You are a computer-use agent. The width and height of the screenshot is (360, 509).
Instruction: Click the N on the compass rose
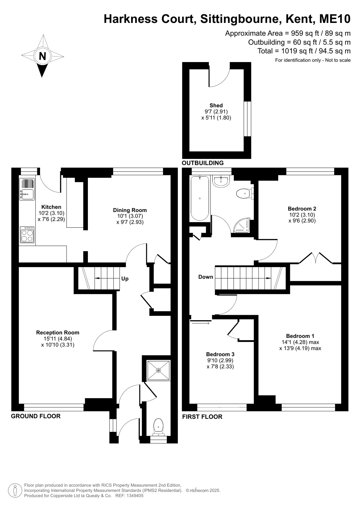pos(43,56)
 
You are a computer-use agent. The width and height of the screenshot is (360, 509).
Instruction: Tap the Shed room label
pos(216,105)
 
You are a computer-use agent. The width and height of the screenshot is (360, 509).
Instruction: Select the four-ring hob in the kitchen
pos(27,235)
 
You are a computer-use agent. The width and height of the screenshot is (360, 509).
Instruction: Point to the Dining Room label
pos(130,210)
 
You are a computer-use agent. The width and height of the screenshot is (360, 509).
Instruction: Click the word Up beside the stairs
pos(125,279)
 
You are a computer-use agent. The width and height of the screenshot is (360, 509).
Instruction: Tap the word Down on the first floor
pos(206,277)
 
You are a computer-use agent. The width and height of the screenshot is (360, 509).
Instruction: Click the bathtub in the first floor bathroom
pos(200,198)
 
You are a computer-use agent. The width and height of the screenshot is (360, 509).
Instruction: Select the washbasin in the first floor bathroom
pos(221,181)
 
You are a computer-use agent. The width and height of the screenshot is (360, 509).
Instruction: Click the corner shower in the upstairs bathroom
pos(241,225)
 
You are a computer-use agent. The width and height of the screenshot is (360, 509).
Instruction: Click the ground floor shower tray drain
pos(158,370)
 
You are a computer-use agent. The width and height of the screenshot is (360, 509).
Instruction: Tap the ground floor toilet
pos(158,427)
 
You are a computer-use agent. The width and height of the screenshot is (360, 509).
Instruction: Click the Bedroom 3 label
pos(220,354)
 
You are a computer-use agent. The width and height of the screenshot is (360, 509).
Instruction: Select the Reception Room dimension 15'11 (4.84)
pos(58,339)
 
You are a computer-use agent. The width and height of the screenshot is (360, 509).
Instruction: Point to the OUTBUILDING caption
pos(202,163)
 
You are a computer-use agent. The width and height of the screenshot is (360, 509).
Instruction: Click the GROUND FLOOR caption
pos(36,416)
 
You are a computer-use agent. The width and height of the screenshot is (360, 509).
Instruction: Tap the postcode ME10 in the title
pos(335,19)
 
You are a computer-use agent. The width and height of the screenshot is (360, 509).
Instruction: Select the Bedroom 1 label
pos(300,336)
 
